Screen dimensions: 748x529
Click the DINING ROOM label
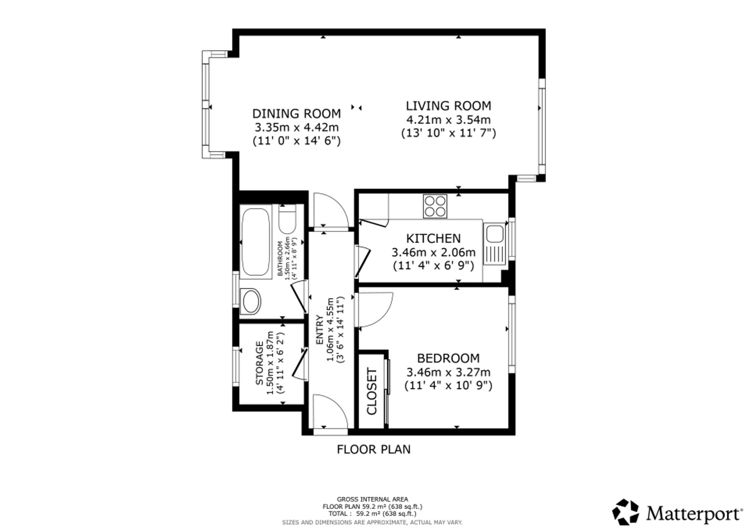[297, 113]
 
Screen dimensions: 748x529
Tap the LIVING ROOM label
[448, 106]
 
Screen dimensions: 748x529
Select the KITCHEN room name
[433, 238]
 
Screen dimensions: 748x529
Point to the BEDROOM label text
[448, 358]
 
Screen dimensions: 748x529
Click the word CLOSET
[372, 391]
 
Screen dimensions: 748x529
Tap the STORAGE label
[259, 363]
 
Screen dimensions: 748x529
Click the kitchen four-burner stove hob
[435, 206]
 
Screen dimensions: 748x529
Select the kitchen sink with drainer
[494, 244]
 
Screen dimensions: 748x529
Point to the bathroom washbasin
[251, 301]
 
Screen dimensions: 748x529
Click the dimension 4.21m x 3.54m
[448, 120]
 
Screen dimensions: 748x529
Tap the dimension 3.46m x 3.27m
[448, 373]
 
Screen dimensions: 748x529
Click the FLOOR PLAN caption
[374, 449]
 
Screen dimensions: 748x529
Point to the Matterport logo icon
[625, 511]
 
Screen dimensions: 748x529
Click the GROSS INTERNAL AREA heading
[373, 499]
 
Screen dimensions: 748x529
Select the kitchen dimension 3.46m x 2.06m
[433, 252]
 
